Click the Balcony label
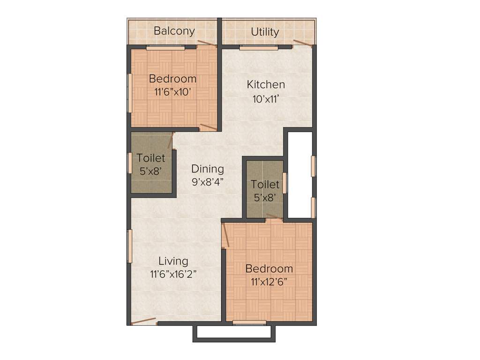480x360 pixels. [174, 31]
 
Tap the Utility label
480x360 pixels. [265, 32]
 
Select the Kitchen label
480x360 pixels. [266, 85]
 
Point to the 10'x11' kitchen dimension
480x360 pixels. [266, 99]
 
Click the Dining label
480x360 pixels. [208, 169]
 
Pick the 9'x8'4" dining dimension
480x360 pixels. [207, 182]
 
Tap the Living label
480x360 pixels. [173, 261]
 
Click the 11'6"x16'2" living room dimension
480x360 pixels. [173, 275]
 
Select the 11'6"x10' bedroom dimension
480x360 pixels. [172, 92]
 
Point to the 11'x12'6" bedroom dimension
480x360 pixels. [269, 282]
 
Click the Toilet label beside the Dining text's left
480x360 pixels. [151, 158]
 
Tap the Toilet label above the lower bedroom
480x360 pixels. [265, 185]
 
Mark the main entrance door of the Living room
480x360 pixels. [143, 321]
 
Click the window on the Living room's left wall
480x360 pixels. [130, 246]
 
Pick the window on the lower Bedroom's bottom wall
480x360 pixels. [249, 322]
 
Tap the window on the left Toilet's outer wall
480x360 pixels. [130, 163]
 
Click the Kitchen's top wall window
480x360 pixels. [259, 47]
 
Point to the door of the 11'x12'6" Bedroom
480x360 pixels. [225, 235]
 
